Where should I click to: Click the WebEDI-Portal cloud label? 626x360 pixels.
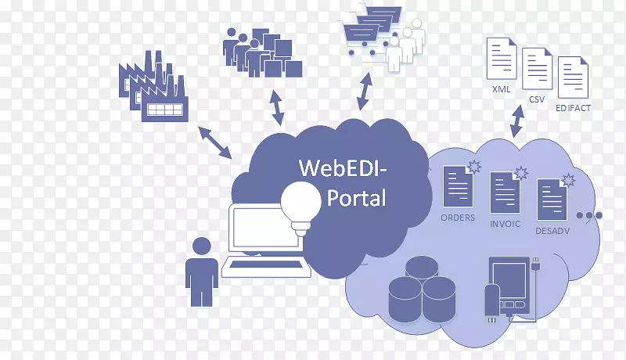click(343, 182)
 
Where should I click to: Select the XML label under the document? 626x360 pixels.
click(502, 89)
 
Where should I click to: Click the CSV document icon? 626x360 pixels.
click(537, 70)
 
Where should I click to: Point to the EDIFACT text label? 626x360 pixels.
click(572, 108)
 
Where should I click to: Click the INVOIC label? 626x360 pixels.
click(505, 222)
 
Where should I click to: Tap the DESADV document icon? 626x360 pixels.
click(552, 200)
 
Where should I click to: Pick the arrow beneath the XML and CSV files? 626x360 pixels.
click(518, 120)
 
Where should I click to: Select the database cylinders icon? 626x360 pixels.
click(422, 290)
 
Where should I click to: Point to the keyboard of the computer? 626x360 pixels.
click(267, 268)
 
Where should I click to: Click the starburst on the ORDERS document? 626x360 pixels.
click(473, 166)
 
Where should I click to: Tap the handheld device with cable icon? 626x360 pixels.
click(509, 288)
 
